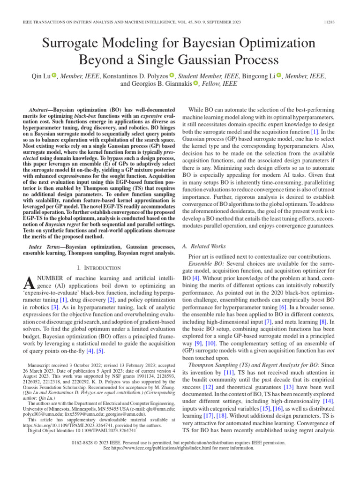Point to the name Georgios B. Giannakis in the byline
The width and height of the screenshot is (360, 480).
(x=156, y=84)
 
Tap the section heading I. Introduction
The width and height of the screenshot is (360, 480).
(x=98, y=268)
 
